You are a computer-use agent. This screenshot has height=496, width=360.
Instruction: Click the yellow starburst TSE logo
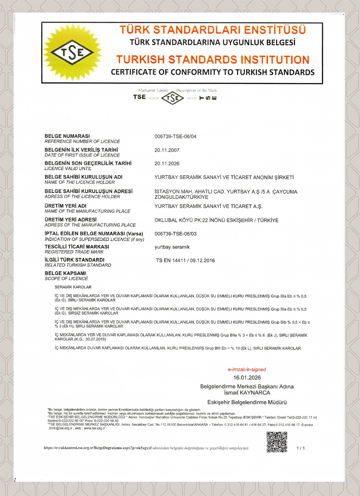[72, 52]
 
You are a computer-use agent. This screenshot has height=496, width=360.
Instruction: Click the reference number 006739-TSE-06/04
[175, 137]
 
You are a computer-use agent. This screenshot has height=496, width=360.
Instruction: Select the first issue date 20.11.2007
[167, 150]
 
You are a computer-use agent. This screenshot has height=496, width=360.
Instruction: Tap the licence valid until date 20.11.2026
[167, 164]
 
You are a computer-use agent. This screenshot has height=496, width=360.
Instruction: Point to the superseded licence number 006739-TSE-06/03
[175, 234]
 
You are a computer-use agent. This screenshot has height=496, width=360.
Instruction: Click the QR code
[277, 442]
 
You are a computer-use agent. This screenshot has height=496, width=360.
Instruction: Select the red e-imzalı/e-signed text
[247, 370]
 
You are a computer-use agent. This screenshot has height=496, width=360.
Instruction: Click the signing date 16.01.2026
[247, 378]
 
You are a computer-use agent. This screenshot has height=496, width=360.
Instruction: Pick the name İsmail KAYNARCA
[247, 393]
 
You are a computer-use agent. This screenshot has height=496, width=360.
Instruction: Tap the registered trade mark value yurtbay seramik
[172, 247]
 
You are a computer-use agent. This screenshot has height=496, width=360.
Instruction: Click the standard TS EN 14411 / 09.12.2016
[185, 261]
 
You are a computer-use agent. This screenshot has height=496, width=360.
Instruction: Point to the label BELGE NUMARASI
[67, 136]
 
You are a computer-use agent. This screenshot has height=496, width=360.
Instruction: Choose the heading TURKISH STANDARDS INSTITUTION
[213, 60]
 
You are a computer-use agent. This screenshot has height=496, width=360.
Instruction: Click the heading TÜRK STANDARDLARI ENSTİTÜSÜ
[213, 30]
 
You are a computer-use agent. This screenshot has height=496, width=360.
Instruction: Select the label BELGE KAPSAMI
[65, 273]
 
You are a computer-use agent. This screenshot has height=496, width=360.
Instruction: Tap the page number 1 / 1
[300, 448]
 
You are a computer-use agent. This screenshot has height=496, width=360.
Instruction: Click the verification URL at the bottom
[98, 448]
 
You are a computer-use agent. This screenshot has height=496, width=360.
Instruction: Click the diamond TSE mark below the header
[172, 98]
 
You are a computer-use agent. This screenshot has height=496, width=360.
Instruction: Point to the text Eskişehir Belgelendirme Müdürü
[247, 402]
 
